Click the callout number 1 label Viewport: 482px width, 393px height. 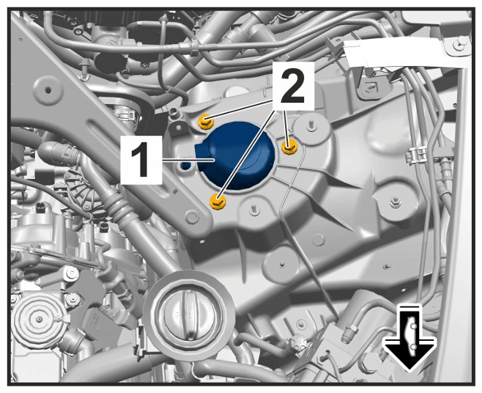coord(141,160)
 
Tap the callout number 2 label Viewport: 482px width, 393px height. coord(292,86)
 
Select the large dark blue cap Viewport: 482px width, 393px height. coord(236,155)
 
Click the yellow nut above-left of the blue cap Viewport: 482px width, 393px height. coord(206,122)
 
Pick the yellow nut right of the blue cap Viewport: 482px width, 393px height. coord(289,146)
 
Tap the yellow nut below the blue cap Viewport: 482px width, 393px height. coord(218,202)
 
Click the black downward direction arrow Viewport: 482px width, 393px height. coord(409,337)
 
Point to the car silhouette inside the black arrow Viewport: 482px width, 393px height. coord(410,336)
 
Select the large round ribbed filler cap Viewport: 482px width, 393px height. coord(188,315)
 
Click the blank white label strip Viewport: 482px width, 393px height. coord(407,54)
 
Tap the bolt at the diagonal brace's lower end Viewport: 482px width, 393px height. coord(191,216)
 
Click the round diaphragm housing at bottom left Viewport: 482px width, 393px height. coord(38,318)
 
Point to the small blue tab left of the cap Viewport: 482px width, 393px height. coord(186,165)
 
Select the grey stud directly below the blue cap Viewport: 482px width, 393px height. coord(253,210)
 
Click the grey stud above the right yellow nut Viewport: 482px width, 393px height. coord(311,125)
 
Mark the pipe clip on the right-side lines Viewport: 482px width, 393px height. coord(416,155)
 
